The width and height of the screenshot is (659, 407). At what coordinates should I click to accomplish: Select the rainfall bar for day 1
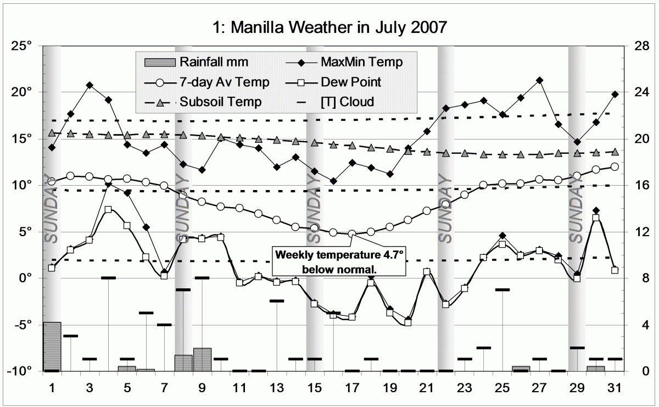tap(52, 347)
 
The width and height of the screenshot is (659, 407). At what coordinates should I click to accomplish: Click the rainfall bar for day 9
tap(202, 359)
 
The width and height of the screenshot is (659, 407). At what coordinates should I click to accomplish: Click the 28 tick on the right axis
tap(636, 45)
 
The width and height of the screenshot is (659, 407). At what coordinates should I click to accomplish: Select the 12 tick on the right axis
tap(636, 231)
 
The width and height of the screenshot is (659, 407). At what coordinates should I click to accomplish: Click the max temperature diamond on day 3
tap(90, 85)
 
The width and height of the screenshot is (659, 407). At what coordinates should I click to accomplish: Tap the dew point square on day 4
tap(108, 209)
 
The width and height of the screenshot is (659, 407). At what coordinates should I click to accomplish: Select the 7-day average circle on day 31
tap(615, 166)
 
